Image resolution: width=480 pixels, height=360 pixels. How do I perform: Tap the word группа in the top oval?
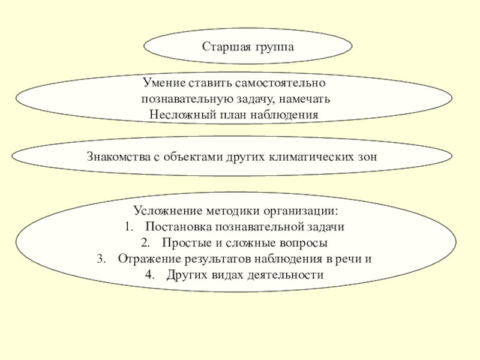click(x=270, y=47)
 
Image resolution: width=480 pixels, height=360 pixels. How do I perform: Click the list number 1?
click(x=128, y=228)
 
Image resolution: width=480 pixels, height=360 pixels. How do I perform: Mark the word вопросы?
click(x=305, y=244)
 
